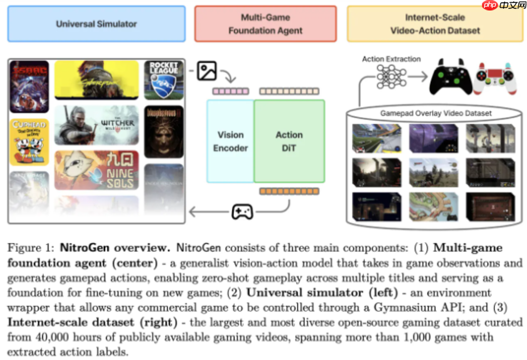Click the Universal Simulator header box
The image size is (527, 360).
[x=96, y=24]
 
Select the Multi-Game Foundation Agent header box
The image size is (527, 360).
[x=265, y=24]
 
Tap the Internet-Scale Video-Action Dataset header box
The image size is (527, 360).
[x=435, y=24]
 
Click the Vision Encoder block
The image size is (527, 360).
[x=230, y=141]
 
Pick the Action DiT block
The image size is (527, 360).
[x=289, y=141]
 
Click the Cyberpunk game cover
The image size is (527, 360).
[x=97, y=80]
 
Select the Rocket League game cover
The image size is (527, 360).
[x=164, y=80]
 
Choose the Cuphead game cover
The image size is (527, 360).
[x=29, y=142]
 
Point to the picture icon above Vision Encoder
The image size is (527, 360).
[x=207, y=71]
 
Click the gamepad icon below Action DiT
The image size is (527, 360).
[x=242, y=212]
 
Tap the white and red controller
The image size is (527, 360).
[x=494, y=78]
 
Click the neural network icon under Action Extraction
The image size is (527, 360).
[x=391, y=77]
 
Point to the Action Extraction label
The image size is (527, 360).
[x=391, y=59]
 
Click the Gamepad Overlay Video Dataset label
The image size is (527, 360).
[x=435, y=113]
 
